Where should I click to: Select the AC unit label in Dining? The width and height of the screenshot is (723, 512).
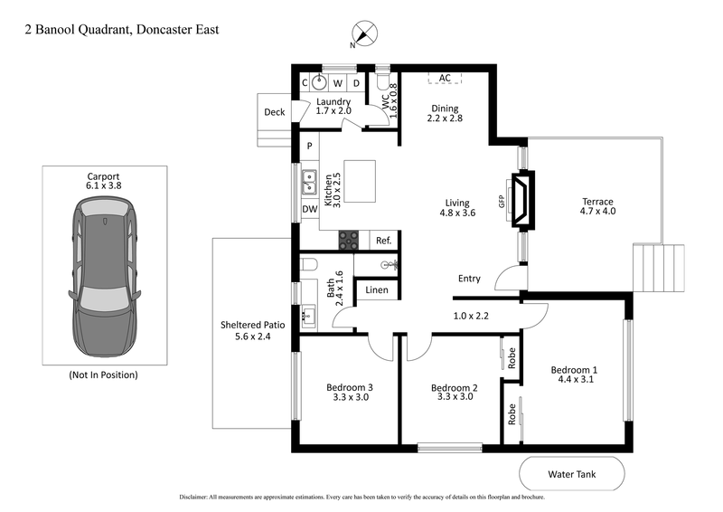445,79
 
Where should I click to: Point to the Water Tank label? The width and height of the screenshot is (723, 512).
571,473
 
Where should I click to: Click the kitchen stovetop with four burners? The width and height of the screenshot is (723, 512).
348,240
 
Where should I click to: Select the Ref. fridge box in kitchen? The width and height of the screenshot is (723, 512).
383,241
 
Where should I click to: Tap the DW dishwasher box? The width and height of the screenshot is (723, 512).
309,209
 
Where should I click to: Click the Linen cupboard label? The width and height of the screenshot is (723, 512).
377,290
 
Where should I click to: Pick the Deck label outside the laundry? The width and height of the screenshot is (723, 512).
274,112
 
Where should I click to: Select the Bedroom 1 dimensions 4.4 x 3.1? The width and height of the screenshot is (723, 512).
574,380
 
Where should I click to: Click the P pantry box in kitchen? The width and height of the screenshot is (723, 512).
309,146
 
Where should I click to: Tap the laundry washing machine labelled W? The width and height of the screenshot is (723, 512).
338,83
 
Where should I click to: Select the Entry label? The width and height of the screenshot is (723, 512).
469,279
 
